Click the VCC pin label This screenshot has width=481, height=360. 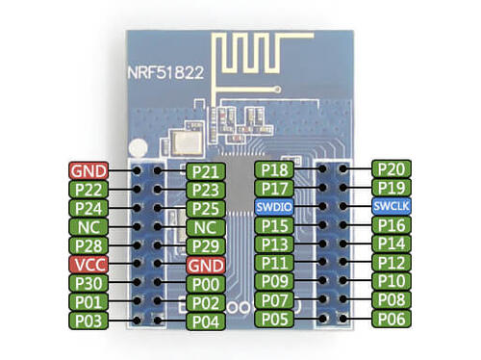(x=88, y=264)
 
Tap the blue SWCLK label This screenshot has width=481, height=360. (x=392, y=208)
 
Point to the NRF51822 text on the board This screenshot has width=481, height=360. (x=168, y=71)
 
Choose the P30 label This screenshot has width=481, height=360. (x=88, y=283)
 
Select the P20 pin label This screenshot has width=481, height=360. (x=392, y=169)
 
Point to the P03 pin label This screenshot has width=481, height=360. (x=88, y=320)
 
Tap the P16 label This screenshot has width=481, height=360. (x=392, y=226)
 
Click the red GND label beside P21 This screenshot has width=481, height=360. (x=88, y=171)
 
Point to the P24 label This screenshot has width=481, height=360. (x=88, y=208)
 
